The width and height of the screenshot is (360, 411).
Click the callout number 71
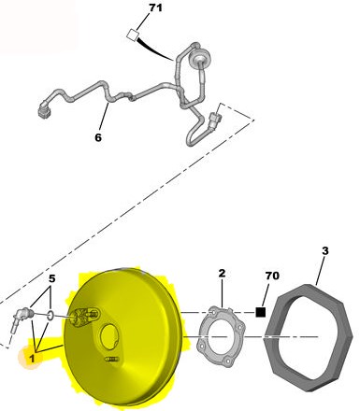[155, 7]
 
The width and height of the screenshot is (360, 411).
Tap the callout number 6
[98, 137]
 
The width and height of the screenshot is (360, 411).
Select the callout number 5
[51, 278]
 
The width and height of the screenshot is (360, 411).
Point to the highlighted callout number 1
[32, 359]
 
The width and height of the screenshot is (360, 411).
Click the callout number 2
[222, 274]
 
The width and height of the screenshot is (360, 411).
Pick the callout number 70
[272, 276]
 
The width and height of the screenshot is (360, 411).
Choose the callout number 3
[325, 250]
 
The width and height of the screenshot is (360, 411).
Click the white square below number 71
[133, 35]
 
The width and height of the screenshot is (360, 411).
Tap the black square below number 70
[261, 312]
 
